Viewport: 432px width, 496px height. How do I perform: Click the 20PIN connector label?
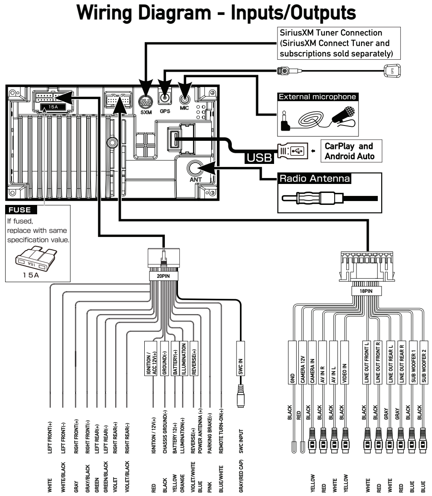click(x=163, y=276)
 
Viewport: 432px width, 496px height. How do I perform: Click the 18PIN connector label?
click(x=366, y=291)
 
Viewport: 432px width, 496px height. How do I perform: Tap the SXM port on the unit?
click(x=146, y=102)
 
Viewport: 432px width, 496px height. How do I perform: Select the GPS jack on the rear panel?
click(x=165, y=98)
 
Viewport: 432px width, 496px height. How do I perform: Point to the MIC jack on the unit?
click(x=185, y=99)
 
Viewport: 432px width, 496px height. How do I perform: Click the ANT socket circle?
click(x=195, y=168)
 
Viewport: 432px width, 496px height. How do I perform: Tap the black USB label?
click(x=259, y=157)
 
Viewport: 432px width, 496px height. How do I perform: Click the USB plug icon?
click(x=292, y=151)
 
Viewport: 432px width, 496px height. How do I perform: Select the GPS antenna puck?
click(x=392, y=70)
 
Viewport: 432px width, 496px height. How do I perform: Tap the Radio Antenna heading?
click(x=315, y=178)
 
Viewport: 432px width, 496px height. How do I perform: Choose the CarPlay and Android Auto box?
click(x=351, y=151)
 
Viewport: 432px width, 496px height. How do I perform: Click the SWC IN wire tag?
click(x=241, y=359)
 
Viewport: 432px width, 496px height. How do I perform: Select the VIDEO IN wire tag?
click(x=344, y=362)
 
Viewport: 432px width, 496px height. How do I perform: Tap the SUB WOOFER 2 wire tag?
click(x=424, y=362)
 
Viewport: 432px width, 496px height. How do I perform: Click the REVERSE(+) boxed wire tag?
click(x=194, y=359)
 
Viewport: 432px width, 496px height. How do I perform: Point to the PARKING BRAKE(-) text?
click(x=210, y=433)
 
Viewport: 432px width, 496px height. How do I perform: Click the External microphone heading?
click(x=318, y=97)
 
